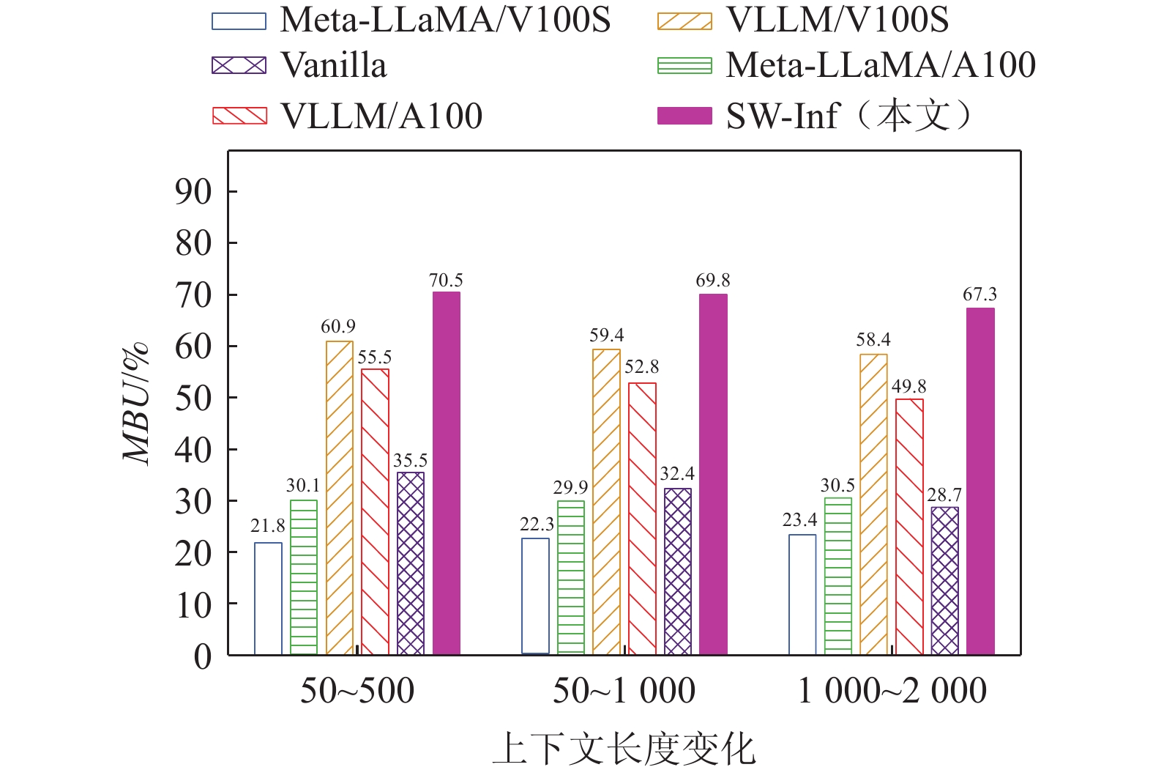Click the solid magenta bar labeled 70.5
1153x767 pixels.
(447, 473)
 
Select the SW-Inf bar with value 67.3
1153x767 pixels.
(980, 481)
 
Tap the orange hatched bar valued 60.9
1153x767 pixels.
(340, 497)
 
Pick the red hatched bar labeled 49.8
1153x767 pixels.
(909, 527)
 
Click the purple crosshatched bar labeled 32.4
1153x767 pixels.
(678, 571)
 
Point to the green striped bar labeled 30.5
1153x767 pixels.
(838, 576)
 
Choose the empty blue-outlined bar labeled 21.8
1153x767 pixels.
(268, 599)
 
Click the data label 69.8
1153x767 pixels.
(713, 281)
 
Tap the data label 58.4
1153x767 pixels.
(873, 340)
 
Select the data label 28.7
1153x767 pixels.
(944, 495)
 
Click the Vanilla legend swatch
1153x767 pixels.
(239, 65)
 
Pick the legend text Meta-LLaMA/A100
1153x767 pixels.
(881, 65)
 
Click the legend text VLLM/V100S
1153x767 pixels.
(837, 20)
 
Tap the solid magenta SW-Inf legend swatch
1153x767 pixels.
(684, 116)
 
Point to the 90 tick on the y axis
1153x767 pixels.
(193, 192)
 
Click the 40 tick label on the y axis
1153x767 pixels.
(193, 450)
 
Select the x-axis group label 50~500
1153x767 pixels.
(357, 691)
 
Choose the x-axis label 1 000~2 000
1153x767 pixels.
(892, 691)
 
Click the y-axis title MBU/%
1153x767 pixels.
(137, 403)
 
